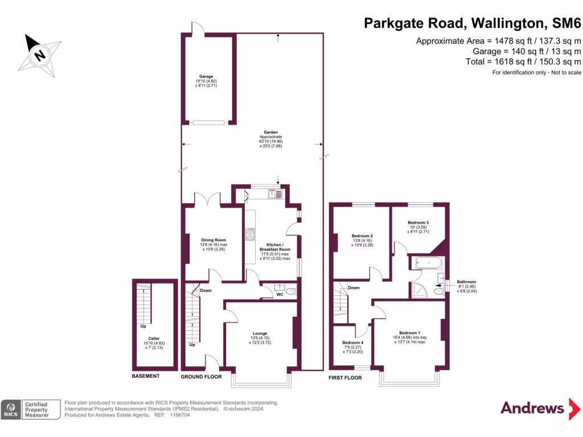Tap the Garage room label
[206, 76]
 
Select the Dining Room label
[214, 240]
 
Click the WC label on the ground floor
[280, 295]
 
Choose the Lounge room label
[260, 333]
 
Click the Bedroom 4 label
[352, 343]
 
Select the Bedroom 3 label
[418, 222]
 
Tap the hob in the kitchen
[250, 233]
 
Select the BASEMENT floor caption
[146, 376]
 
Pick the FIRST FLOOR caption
[346, 377]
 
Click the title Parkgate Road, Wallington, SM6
[473, 23]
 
